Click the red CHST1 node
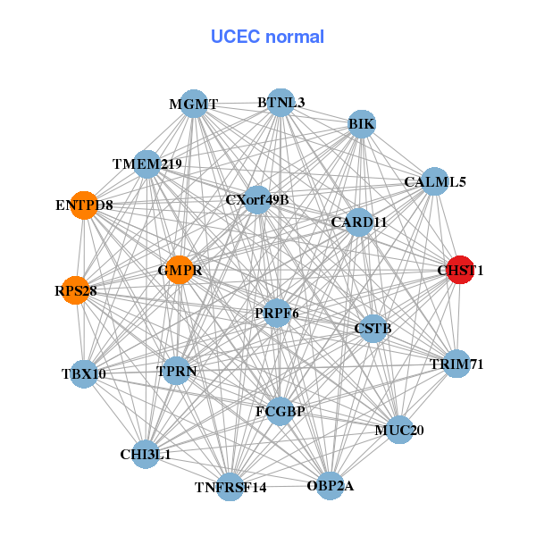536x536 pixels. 459,270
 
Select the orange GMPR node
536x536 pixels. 180,270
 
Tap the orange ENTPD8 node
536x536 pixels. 83,205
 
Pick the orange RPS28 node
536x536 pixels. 76,290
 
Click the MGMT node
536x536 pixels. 193,104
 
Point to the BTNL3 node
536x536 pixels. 281,102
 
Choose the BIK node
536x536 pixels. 362,123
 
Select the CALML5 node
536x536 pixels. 434,181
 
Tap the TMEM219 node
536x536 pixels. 147,164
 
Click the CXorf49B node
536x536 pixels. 257,199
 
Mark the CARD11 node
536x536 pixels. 358,222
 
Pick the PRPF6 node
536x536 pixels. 276,314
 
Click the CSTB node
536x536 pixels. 373,329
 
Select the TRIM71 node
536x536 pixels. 456,364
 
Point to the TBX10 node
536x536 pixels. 83,373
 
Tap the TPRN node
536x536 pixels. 177,370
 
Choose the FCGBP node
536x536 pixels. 280,411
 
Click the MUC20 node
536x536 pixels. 398,431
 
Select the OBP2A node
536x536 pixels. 330,486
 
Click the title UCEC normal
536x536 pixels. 267,37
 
